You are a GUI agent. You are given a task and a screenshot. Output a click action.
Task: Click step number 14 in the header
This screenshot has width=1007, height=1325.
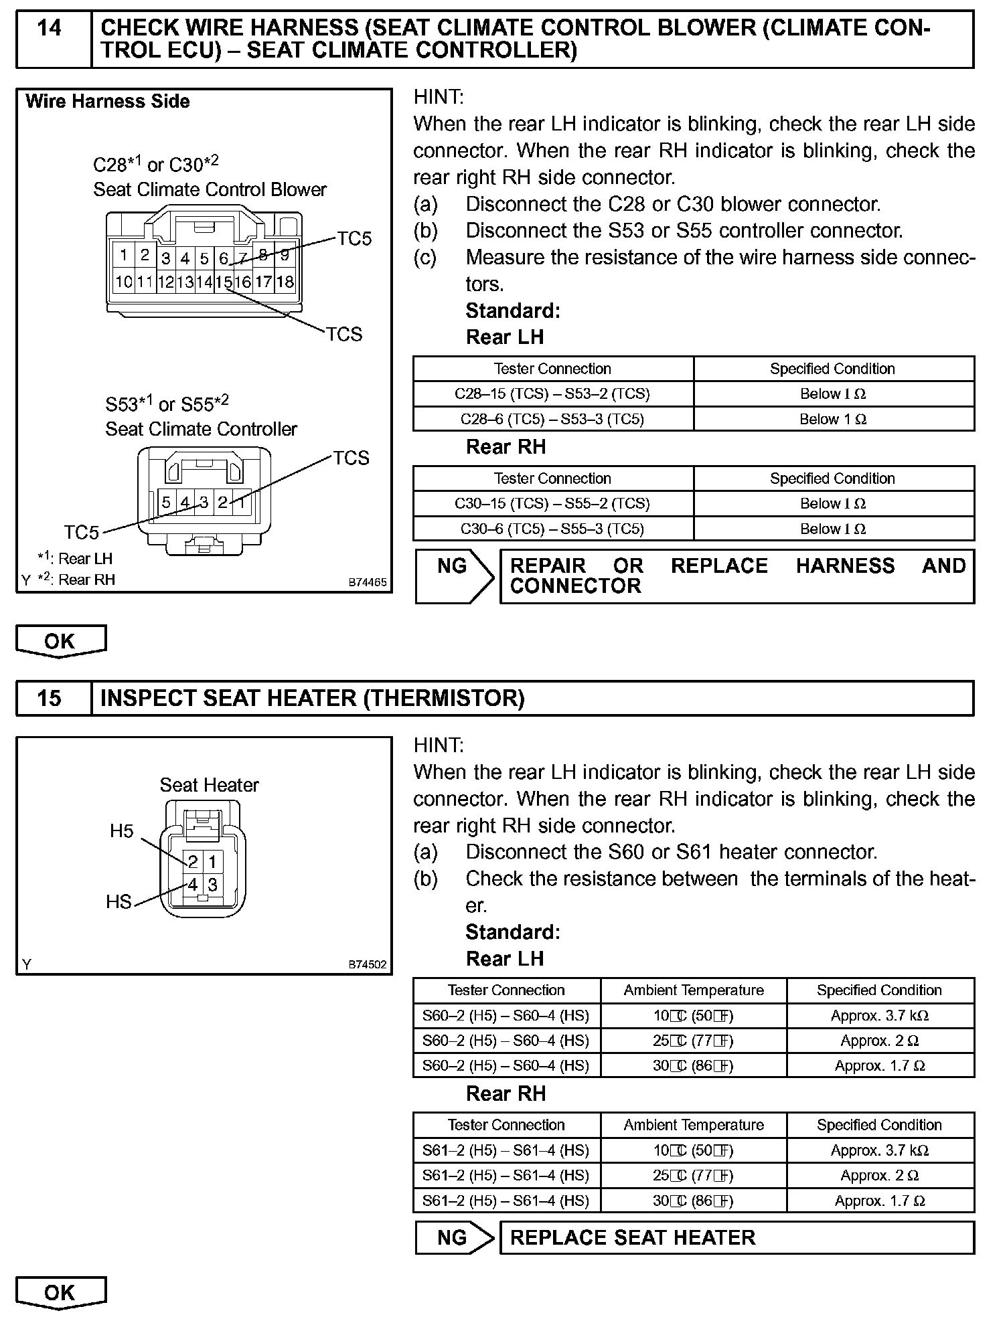[x=50, y=29]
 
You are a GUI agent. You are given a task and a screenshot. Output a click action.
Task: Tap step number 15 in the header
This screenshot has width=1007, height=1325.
[x=50, y=699]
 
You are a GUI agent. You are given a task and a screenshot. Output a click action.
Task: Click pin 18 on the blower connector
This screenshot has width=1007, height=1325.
[x=285, y=282]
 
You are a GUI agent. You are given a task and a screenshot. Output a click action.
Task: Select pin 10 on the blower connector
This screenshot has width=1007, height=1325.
[x=124, y=282]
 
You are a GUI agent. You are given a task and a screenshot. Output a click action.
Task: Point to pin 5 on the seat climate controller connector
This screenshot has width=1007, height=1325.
[x=166, y=502]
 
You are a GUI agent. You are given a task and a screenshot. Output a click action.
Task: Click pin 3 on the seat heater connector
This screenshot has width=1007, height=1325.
[x=212, y=885]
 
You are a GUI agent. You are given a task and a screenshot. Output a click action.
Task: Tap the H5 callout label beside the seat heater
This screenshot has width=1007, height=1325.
[x=122, y=831]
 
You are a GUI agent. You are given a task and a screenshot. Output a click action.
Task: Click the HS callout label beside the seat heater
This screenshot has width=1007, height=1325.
[x=119, y=902]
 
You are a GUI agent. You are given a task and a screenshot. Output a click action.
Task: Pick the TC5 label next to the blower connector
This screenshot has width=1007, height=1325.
[x=354, y=239]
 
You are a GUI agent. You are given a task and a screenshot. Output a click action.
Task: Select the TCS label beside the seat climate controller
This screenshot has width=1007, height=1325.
[x=352, y=458]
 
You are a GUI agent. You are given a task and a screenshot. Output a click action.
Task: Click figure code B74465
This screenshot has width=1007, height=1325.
[x=367, y=582]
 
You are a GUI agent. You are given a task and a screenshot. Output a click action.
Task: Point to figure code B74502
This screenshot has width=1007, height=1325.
[x=367, y=965]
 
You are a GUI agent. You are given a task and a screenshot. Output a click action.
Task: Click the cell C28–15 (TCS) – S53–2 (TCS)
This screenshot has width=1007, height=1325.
[x=552, y=394]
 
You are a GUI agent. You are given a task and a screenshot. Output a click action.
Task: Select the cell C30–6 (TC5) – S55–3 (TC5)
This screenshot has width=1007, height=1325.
[x=552, y=529]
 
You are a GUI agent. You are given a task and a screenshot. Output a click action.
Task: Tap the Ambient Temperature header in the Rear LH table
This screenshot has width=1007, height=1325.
[x=694, y=990]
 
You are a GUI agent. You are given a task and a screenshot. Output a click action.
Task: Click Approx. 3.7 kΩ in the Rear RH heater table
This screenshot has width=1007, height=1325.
[x=879, y=1150]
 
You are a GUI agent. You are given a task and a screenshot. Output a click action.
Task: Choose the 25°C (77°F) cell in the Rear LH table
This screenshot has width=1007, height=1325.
[x=694, y=1041]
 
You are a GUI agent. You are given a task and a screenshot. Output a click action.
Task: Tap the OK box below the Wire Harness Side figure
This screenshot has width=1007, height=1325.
[x=60, y=641]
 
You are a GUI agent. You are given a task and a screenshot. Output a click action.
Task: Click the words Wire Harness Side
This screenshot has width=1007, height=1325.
[x=108, y=102]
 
